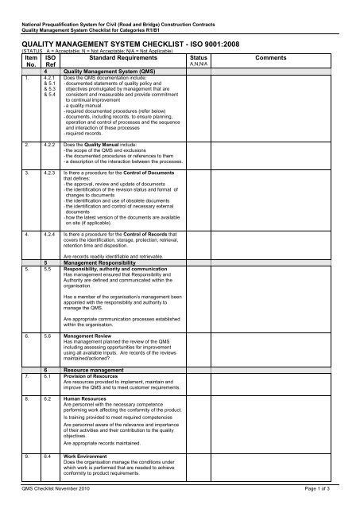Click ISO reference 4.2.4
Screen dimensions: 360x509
click(x=49, y=257)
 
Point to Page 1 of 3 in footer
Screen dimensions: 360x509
click(x=324, y=497)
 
